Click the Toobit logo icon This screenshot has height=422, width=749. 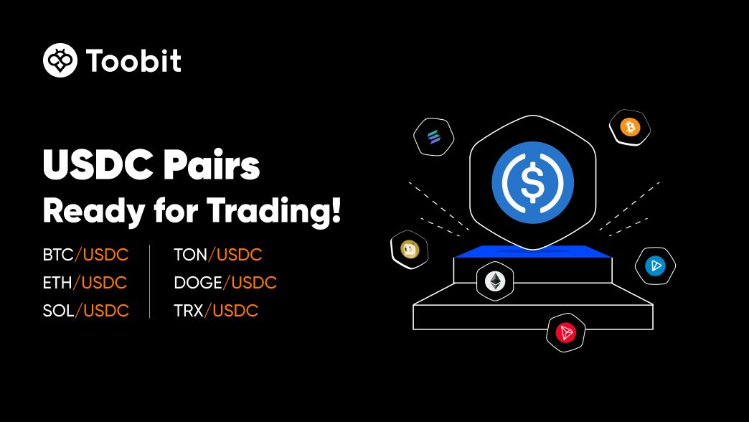pyautogui.click(x=60, y=60)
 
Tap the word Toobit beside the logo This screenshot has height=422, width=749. pyautogui.click(x=133, y=61)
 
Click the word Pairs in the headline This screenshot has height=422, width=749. pyautogui.click(x=212, y=165)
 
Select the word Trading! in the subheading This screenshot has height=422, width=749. pyautogui.click(x=274, y=210)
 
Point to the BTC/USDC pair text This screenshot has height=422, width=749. pyautogui.click(x=85, y=255)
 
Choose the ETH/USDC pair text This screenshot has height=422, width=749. pyautogui.click(x=85, y=283)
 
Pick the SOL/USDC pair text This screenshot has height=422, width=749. pyautogui.click(x=85, y=311)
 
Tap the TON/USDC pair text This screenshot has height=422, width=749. pyautogui.click(x=218, y=255)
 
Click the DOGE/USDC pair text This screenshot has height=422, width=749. pyautogui.click(x=225, y=283)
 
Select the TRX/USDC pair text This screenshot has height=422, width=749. pyautogui.click(x=216, y=311)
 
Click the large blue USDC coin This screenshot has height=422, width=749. pyautogui.click(x=532, y=182)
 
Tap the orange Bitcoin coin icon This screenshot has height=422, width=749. pyautogui.click(x=630, y=128)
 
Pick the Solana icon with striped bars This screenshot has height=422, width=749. pyautogui.click(x=434, y=137)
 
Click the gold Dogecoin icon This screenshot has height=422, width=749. pyautogui.click(x=410, y=249)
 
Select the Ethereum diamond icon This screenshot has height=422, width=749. pyautogui.click(x=495, y=281)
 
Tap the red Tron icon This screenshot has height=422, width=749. pyautogui.click(x=565, y=332)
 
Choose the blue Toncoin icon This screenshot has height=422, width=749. pyautogui.click(x=655, y=266)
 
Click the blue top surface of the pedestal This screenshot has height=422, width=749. pyautogui.click(x=533, y=252)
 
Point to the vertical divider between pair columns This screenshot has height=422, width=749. pyautogui.click(x=149, y=281)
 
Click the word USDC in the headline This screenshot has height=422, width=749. pyautogui.click(x=98, y=165)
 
